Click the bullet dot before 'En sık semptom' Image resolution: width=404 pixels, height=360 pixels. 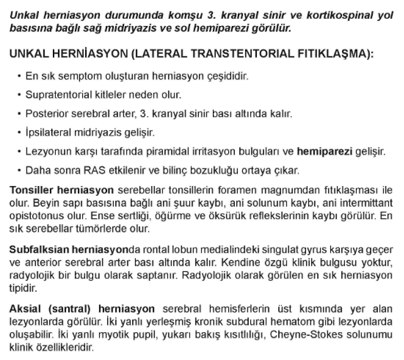tap(18, 76)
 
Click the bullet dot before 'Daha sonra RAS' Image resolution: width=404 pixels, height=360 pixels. tap(18, 170)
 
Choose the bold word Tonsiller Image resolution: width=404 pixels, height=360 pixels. tap(30, 189)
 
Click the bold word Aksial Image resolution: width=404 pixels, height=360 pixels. tap(24, 308)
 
